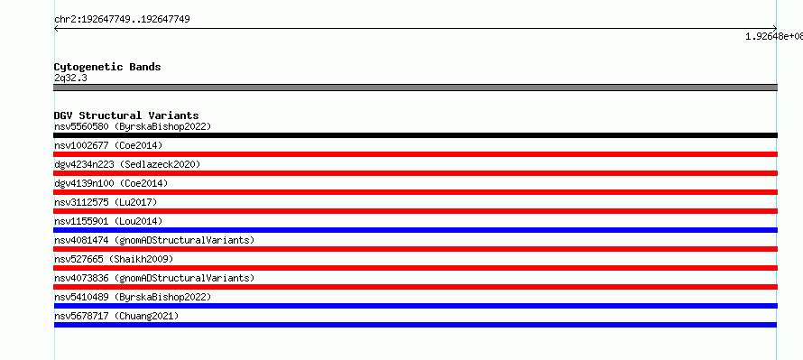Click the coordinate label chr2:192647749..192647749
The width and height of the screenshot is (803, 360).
click(122, 20)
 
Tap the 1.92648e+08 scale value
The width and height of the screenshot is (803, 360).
click(774, 36)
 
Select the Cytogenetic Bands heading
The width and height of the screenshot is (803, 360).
click(107, 67)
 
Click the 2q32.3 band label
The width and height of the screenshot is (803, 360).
click(70, 78)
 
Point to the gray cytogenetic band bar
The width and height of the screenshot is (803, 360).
click(415, 88)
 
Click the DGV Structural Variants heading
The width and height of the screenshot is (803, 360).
click(126, 115)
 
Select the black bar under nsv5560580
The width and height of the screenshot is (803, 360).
click(415, 135)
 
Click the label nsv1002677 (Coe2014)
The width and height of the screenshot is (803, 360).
click(108, 145)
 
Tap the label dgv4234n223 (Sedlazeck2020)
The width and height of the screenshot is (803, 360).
click(127, 164)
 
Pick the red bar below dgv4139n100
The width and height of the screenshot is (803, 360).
click(415, 192)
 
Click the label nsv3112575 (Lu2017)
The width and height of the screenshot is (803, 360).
click(106, 202)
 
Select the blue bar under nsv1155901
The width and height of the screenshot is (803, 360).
click(415, 230)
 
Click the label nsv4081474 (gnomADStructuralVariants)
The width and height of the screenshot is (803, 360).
click(154, 240)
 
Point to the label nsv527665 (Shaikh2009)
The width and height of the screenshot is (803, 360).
click(114, 259)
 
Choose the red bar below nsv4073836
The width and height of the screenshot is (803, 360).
click(415, 287)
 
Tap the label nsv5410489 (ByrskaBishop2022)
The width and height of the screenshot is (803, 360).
click(133, 297)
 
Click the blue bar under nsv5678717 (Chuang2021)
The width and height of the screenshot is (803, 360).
click(415, 325)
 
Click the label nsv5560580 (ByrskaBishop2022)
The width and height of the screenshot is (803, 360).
click(133, 126)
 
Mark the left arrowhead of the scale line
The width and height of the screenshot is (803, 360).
click(55, 29)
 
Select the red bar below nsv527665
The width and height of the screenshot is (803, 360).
click(415, 268)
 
